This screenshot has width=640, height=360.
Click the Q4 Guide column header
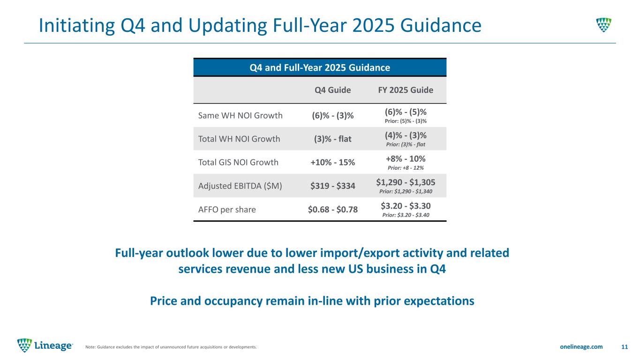coord(332,90)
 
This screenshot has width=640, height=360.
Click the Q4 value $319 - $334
coord(332,186)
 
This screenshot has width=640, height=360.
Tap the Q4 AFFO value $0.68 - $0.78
coord(332,209)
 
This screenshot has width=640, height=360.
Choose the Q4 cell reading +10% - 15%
coord(332,162)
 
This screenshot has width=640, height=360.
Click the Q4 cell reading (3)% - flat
coord(332,139)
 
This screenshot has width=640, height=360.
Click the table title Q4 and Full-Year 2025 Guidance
coord(320,67)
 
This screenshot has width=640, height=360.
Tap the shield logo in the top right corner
coord(603,24)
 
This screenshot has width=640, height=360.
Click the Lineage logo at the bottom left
coord(45,346)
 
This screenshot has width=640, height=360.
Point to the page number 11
coord(624,346)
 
